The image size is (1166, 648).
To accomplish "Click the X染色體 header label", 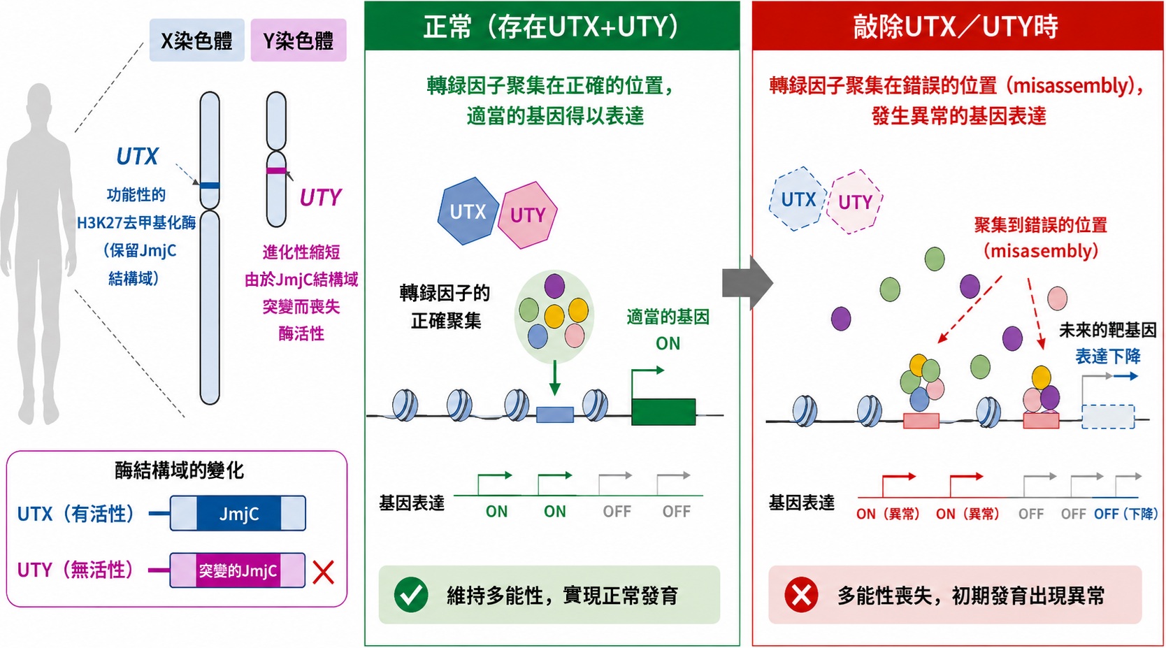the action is click(196, 40).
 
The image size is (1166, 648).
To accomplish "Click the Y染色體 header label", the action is click(298, 40).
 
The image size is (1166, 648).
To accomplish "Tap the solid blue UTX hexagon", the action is click(468, 211).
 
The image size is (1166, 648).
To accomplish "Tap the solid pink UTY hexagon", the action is click(527, 215).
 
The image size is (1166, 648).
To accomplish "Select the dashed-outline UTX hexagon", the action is click(798, 199).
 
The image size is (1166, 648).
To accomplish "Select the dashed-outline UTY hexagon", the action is click(855, 201).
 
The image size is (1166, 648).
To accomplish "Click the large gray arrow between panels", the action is click(747, 282).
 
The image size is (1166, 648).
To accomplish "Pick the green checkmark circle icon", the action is click(411, 594).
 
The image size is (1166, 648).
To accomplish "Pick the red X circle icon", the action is click(801, 594).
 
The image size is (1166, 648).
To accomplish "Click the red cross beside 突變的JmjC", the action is click(323, 572).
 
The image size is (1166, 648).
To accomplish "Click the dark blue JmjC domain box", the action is click(238, 514).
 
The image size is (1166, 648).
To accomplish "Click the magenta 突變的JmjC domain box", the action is click(238, 570).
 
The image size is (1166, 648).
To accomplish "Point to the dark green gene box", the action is click(663, 412).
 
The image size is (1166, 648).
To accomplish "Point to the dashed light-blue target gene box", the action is click(1108, 417).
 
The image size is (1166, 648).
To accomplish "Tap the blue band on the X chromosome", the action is click(210, 185).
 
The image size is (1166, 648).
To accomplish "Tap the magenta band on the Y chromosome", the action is click(276, 171).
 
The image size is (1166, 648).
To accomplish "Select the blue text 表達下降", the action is click(1108, 357).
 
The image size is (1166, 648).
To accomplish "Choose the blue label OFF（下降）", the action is click(1125, 514).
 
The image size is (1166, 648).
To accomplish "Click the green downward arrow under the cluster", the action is click(555, 378).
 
